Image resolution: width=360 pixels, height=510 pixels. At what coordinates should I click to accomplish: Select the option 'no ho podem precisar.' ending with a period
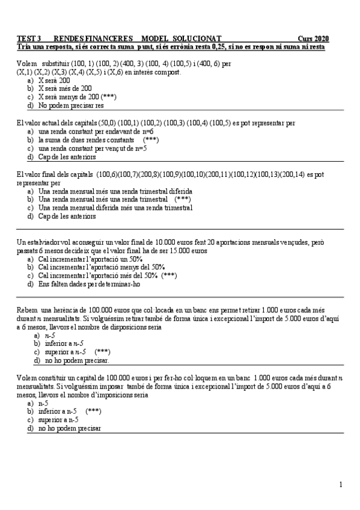point(77,361)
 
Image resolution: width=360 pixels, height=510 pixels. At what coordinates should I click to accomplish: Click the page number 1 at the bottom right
point(341,484)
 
